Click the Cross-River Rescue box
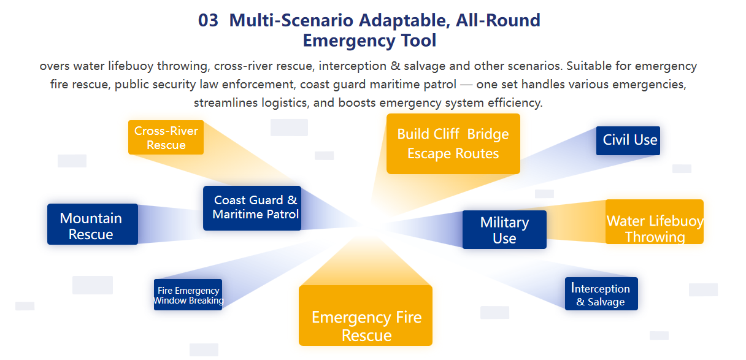[x=166, y=137]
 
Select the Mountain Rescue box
[x=92, y=224]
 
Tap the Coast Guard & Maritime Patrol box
[x=252, y=208]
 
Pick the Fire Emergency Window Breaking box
[x=188, y=295]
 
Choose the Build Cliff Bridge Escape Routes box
[x=453, y=144]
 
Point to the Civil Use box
[x=628, y=140]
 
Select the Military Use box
[x=504, y=230]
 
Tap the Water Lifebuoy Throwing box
[x=655, y=222]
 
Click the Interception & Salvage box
[x=601, y=294]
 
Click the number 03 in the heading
[x=208, y=20]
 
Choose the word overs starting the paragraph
[x=54, y=66]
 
